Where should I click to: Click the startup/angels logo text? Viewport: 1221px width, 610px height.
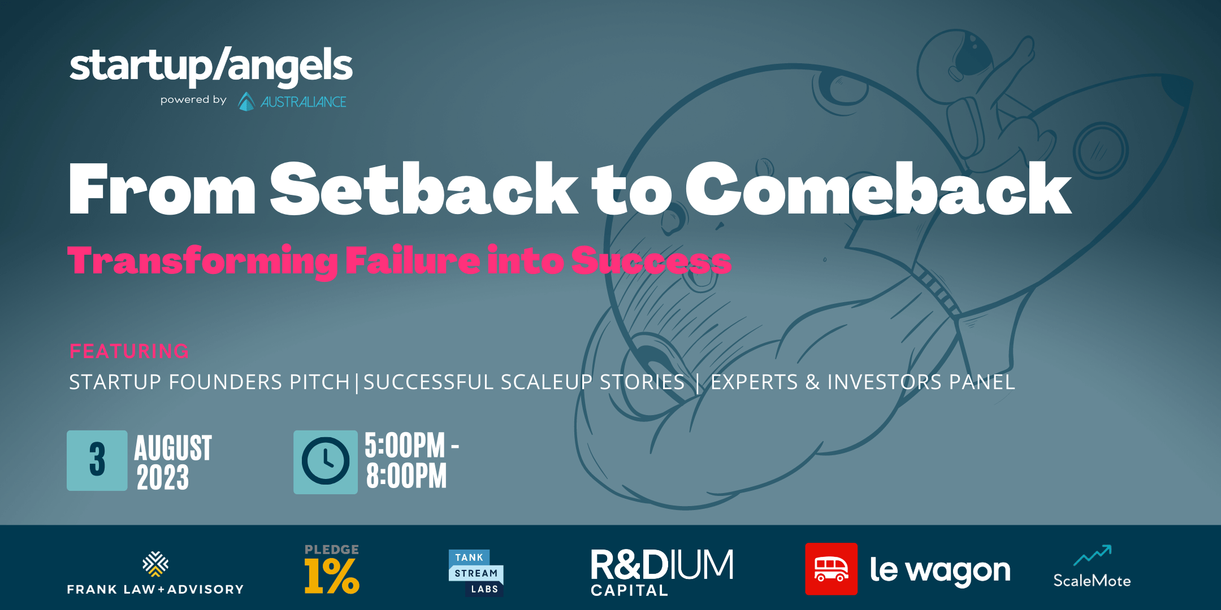point(211,67)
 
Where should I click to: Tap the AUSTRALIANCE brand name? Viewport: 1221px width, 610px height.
point(303,102)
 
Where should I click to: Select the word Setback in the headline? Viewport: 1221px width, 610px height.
point(424,189)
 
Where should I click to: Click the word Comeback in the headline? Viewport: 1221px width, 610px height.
point(878,189)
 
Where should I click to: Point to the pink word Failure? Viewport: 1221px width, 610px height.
point(413,260)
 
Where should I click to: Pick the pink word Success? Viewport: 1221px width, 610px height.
point(651,260)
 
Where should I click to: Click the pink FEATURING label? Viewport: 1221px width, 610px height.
point(129,351)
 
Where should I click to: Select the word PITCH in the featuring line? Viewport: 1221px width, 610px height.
point(320,382)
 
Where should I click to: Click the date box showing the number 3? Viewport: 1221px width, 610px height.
point(97,460)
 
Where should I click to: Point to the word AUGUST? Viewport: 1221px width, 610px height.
point(173,448)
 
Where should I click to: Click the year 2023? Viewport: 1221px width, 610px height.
point(163,478)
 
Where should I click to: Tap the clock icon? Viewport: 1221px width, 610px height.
point(326,462)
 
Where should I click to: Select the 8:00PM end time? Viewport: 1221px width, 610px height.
point(406,476)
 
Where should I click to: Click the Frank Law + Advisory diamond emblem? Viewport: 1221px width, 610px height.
point(155,564)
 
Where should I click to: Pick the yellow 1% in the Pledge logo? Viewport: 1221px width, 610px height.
point(332,576)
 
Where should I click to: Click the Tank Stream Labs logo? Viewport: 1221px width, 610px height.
point(476,573)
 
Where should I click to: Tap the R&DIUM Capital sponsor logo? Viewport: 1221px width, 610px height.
point(662,572)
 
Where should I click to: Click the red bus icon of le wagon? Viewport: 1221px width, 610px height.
point(831,569)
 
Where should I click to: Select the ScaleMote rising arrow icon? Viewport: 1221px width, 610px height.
point(1093,555)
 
